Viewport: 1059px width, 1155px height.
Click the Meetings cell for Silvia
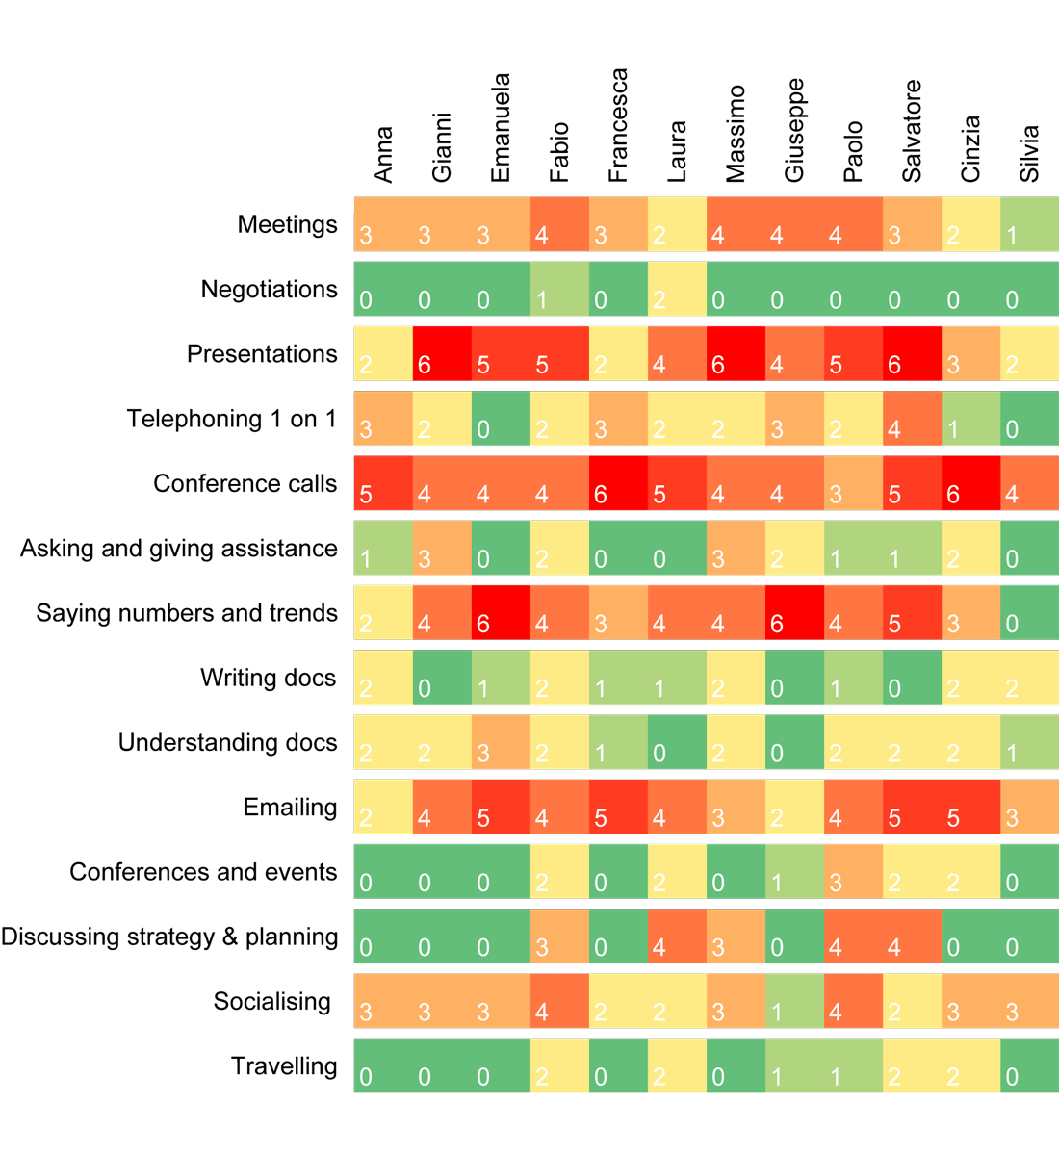click(1029, 224)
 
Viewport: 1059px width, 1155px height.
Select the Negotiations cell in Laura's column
click(677, 289)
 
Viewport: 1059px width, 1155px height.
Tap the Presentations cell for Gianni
click(442, 353)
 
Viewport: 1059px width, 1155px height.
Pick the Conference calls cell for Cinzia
click(970, 483)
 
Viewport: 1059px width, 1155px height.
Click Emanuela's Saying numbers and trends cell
click(501, 612)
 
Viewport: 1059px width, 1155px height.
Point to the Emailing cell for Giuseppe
click(794, 807)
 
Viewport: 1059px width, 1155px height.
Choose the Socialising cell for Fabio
click(559, 1001)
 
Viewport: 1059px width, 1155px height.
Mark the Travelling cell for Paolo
click(853, 1065)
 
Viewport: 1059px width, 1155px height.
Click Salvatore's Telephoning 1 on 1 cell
click(912, 418)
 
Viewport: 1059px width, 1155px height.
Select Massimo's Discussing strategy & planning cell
click(736, 936)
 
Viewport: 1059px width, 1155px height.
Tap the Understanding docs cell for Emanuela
click(501, 742)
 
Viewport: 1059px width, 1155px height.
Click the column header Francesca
click(618, 125)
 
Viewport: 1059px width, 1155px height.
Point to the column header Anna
click(383, 154)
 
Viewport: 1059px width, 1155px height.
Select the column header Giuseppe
click(794, 130)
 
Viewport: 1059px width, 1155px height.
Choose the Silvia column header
click(1029, 153)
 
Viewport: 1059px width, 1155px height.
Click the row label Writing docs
click(268, 678)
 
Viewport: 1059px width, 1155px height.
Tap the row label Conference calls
click(245, 483)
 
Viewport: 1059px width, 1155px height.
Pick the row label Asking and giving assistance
click(179, 549)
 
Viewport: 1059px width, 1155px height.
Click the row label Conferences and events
click(203, 872)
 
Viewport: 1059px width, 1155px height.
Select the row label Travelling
click(284, 1066)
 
